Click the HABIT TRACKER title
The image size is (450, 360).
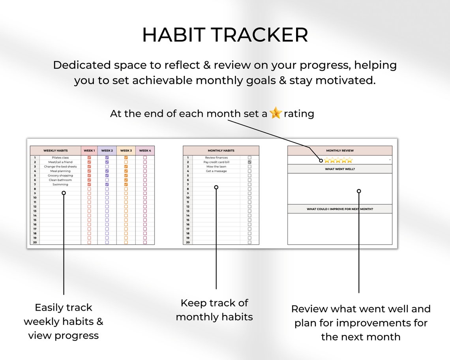pos(225,35)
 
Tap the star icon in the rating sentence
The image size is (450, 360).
pos(276,114)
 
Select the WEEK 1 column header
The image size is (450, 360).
pos(89,150)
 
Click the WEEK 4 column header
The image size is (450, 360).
pos(145,150)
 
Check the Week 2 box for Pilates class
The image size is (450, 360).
pos(107,157)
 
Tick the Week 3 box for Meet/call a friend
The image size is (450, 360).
pos(126,162)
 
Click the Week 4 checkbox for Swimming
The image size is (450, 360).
pos(145,184)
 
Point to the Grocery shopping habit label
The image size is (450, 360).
pos(60,176)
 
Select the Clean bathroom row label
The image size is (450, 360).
pos(60,180)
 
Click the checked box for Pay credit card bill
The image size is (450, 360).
pos(249,162)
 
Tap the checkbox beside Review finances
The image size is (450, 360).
pos(249,157)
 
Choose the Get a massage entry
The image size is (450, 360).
pos(216,171)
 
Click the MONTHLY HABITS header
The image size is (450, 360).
pos(221,150)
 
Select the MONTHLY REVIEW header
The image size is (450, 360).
pos(340,150)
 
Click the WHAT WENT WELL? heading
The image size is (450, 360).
pos(340,169)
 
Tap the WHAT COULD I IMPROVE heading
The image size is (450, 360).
pos(340,209)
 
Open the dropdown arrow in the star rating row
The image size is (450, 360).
pos(390,160)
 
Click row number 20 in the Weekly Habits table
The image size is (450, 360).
pos(35,242)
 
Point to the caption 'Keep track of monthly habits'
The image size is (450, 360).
pos(214,310)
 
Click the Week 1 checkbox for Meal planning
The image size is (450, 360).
pos(89,171)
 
